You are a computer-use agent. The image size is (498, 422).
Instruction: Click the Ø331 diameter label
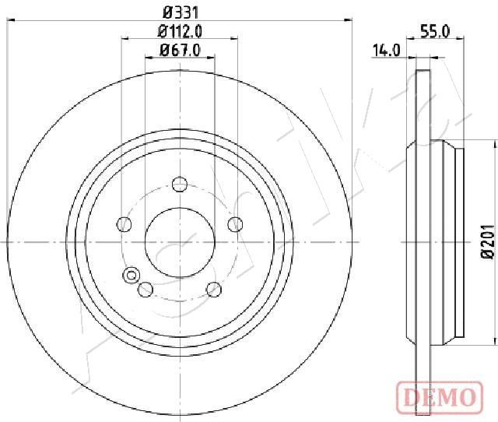point(180,13)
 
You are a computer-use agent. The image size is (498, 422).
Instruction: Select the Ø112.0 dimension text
point(180,31)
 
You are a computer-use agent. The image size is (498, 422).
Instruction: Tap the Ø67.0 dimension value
point(181,50)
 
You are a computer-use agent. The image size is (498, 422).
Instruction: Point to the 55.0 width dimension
point(435,32)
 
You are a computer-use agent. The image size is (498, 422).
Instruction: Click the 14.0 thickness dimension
point(386,51)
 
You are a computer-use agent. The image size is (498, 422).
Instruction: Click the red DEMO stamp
point(440,396)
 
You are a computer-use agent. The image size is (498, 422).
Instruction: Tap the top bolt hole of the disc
point(180,184)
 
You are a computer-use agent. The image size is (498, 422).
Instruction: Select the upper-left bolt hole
point(124,224)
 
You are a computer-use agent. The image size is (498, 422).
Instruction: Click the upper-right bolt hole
point(235,224)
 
